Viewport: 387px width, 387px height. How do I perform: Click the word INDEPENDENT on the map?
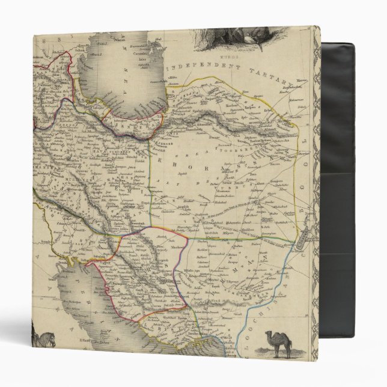point(200,68)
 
